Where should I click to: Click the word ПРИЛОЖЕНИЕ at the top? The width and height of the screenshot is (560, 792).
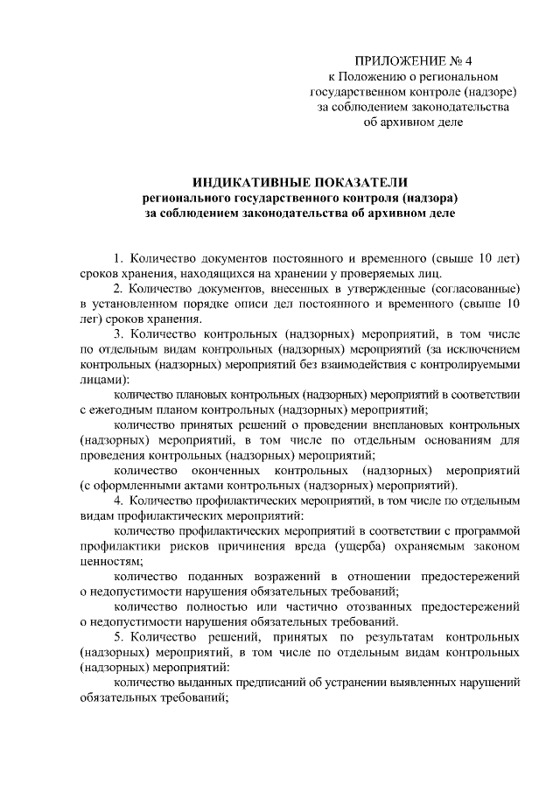390,61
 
